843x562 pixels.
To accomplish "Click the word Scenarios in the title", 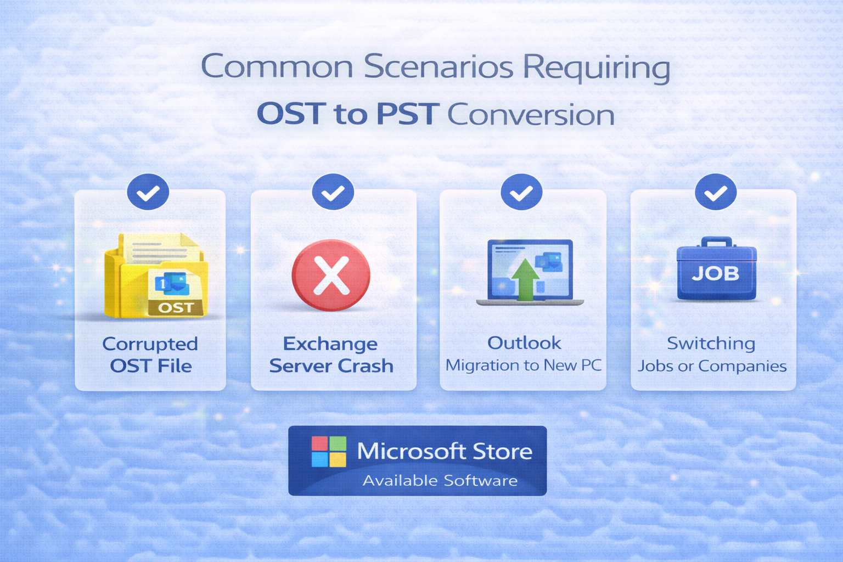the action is pyautogui.click(x=439, y=66).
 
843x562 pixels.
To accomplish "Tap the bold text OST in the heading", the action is pyautogui.click(x=290, y=114).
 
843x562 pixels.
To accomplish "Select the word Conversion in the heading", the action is pyautogui.click(x=531, y=115).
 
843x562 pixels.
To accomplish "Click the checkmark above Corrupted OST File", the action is pyautogui.click(x=148, y=192).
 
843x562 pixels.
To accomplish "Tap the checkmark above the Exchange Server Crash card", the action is pyautogui.click(x=333, y=192).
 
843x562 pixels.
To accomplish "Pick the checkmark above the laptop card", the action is pyautogui.click(x=521, y=192).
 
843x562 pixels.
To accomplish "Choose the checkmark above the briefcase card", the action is pyautogui.click(x=716, y=192).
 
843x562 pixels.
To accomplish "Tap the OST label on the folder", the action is pyautogui.click(x=176, y=307).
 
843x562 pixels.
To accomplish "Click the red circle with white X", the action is pyautogui.click(x=331, y=275).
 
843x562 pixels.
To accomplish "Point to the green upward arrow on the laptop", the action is pyautogui.click(x=525, y=279).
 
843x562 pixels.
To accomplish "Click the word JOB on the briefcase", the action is pyautogui.click(x=716, y=273).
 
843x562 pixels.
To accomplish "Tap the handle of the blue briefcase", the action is pyautogui.click(x=717, y=241).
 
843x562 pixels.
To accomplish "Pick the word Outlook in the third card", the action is pyautogui.click(x=524, y=343).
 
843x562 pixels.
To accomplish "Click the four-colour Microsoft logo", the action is pyautogui.click(x=329, y=451).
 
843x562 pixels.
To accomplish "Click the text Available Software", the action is pyautogui.click(x=440, y=481).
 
